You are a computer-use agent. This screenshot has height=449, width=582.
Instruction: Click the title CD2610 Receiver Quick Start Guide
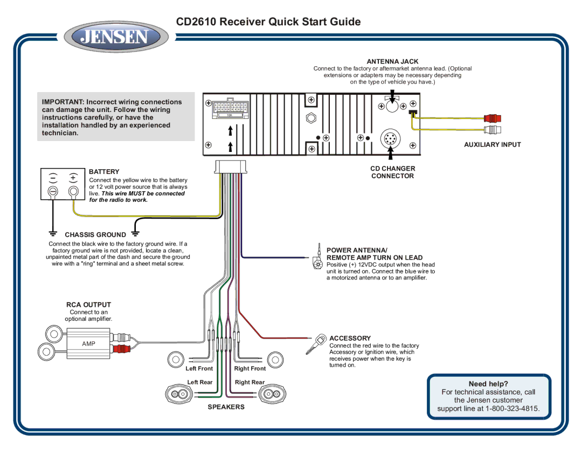(x=268, y=22)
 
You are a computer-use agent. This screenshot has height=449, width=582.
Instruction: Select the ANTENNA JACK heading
(x=392, y=62)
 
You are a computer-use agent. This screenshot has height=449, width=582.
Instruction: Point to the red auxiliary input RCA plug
(x=493, y=118)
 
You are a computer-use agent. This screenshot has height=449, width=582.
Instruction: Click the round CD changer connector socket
(x=390, y=139)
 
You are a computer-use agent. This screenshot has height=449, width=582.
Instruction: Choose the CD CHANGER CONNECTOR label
(x=392, y=172)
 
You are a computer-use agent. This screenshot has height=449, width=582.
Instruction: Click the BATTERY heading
(x=104, y=172)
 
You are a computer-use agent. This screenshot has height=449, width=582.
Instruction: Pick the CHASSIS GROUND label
(x=95, y=235)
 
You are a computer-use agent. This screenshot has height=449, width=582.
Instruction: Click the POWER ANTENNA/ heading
(x=357, y=250)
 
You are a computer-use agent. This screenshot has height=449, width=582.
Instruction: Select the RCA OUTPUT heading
(x=89, y=305)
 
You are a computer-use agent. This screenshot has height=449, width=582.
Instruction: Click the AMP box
(x=88, y=344)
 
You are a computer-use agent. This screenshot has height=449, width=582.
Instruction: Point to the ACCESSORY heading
(x=350, y=338)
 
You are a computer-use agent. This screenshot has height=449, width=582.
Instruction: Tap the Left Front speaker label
(x=199, y=369)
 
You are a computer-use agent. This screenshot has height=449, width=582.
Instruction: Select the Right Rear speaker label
(x=250, y=382)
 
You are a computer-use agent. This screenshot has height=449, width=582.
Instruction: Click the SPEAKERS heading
(x=226, y=407)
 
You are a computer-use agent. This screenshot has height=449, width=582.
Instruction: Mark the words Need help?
(x=488, y=384)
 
